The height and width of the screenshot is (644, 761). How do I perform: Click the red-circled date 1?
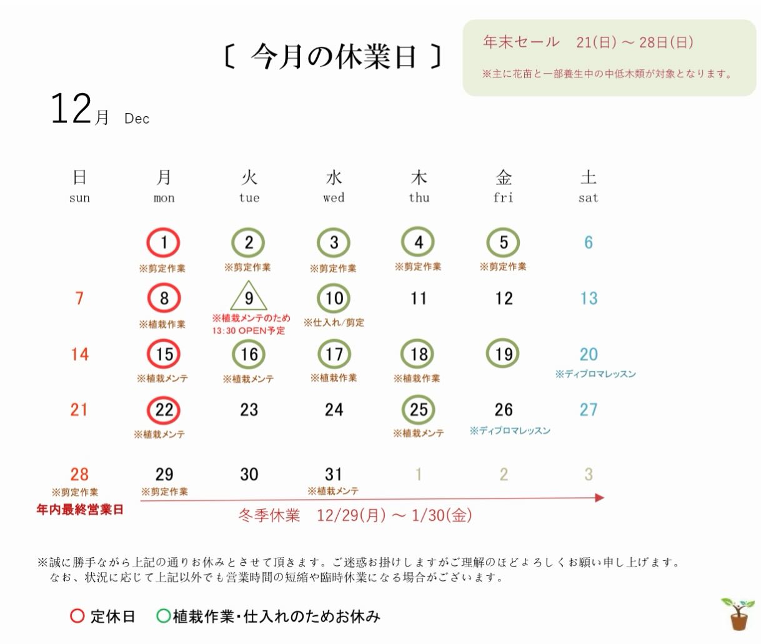(164, 242)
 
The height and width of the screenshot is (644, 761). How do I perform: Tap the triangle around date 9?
(249, 297)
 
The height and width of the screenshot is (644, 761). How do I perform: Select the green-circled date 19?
(504, 354)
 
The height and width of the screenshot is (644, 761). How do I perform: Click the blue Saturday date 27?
(589, 410)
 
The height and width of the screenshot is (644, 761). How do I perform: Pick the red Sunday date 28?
(79, 474)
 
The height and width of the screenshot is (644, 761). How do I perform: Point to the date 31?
(334, 474)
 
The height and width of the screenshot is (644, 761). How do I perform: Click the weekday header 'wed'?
(334, 198)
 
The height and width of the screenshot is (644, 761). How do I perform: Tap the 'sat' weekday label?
(588, 198)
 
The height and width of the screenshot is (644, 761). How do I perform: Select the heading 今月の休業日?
(333, 57)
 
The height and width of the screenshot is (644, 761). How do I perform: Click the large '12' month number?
(71, 109)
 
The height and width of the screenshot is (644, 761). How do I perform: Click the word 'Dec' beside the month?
(137, 119)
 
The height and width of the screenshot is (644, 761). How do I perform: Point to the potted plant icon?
(737, 613)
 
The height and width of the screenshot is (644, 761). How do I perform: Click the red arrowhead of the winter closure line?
(600, 498)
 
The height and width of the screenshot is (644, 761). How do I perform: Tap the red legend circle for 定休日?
(77, 617)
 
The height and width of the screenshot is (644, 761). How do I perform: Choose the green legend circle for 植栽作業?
(163, 617)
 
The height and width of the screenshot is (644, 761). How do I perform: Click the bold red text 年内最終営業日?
(80, 510)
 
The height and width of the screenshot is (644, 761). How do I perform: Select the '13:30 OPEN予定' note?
(249, 330)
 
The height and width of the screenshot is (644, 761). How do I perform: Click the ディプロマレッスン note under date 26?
(510, 430)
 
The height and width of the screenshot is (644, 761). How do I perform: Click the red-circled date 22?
(164, 410)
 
